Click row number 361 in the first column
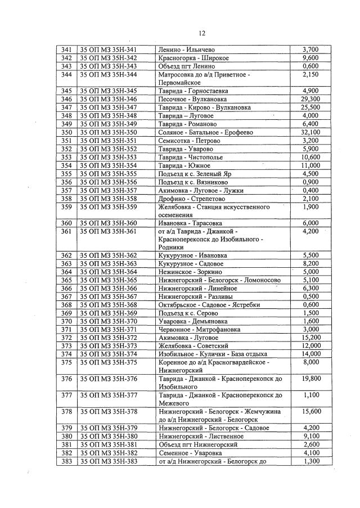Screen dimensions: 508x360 pyautogui.click(x=66, y=231)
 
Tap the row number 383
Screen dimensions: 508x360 pyautogui.click(x=66, y=461)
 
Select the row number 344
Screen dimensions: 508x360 pyautogui.click(x=66, y=74)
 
